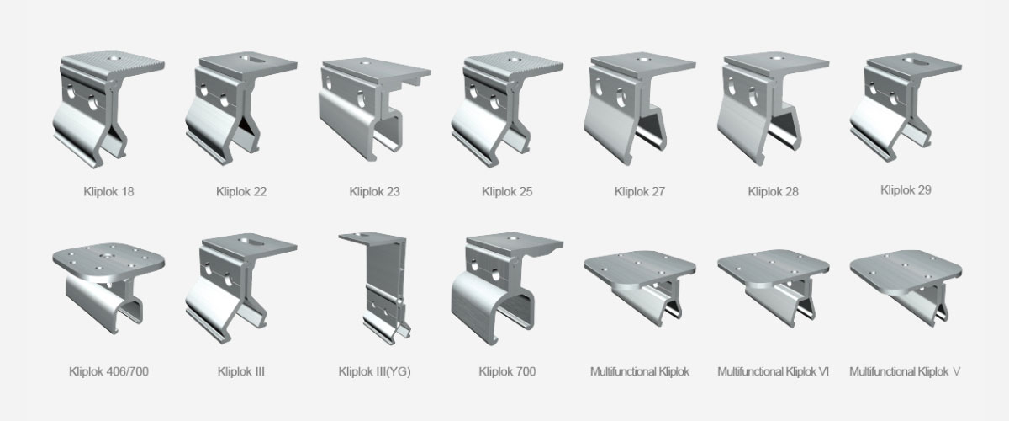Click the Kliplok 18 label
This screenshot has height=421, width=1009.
tap(108, 191)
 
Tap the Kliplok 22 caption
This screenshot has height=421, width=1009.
tap(241, 191)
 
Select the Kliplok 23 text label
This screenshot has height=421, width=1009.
tap(374, 191)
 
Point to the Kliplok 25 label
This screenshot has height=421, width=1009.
tap(507, 191)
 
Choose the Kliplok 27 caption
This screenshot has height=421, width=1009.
tap(640, 191)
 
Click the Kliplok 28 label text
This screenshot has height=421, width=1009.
tap(773, 191)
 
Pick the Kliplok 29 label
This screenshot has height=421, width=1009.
tap(906, 189)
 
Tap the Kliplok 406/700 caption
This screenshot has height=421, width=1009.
tap(108, 371)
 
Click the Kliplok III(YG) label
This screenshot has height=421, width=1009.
tap(374, 371)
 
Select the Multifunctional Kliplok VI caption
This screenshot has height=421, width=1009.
tap(773, 371)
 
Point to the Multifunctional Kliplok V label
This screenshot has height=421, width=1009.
tap(905, 371)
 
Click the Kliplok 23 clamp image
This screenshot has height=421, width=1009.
tap(374, 109)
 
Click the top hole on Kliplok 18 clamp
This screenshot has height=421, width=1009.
tap(111, 58)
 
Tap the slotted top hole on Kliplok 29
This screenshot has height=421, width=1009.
tap(915, 61)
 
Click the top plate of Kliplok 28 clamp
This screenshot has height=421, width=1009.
tap(775, 61)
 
